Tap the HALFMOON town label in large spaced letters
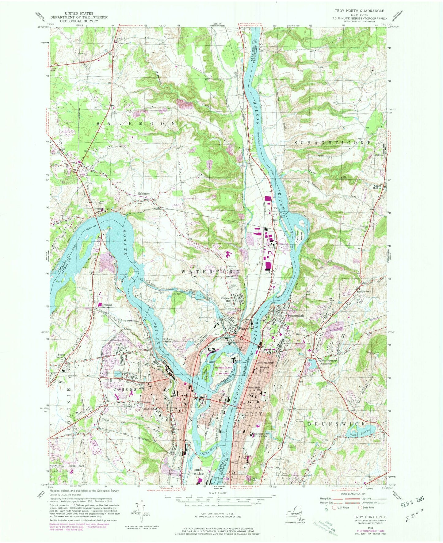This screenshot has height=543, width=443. point(136,123)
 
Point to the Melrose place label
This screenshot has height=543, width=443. point(379,155)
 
